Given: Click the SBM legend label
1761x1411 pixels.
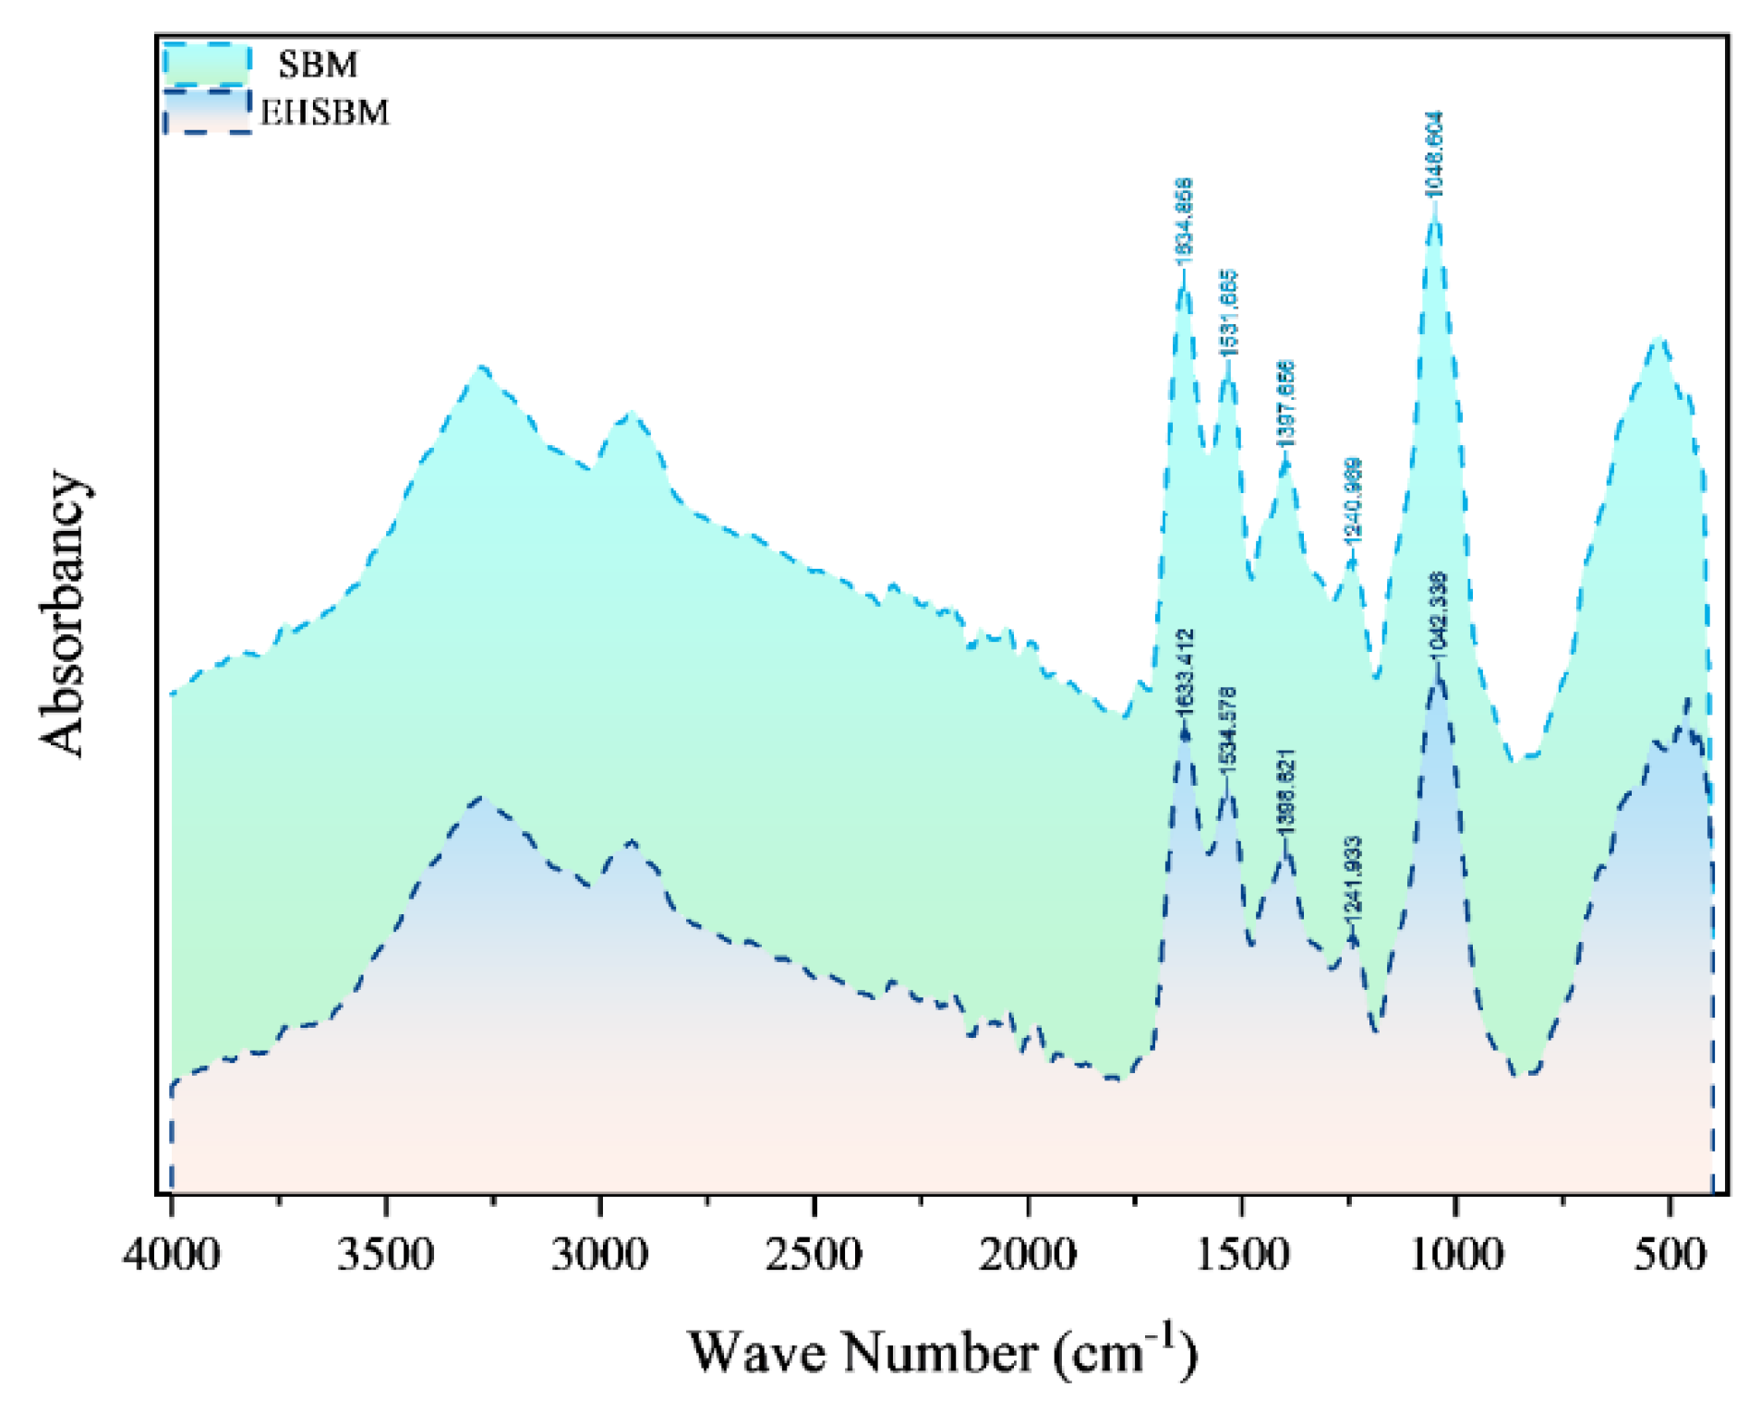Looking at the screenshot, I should coord(317,66).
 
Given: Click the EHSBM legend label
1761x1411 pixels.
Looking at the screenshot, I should coord(325,113).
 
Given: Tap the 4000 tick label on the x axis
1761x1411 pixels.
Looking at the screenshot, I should coord(171,1256).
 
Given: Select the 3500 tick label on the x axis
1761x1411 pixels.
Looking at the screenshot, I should coord(385,1256).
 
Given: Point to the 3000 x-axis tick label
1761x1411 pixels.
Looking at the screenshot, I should coord(599,1256).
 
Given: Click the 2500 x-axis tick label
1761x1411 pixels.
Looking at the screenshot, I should coord(814,1256).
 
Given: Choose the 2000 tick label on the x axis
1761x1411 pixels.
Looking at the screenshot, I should coord(1027,1256).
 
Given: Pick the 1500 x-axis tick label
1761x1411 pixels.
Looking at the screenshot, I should coord(1241,1256).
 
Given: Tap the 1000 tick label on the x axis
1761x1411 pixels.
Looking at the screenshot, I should coord(1455,1256).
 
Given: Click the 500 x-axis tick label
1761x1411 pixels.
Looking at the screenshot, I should coord(1670,1256).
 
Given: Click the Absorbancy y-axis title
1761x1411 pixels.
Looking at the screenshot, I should coord(63,614).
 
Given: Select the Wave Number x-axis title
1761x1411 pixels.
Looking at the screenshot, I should coord(942,1353).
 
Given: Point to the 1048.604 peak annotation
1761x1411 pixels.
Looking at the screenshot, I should coord(1433,153).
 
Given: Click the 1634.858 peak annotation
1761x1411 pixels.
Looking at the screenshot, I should coord(1184,222).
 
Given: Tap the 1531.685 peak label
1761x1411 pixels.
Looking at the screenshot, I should coord(1228,313).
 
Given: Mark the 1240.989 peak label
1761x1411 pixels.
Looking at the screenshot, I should coord(1352,500).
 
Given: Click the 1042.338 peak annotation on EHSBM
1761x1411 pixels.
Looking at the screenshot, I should coord(1438,615).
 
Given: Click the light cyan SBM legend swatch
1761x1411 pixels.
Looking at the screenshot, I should coord(207,64).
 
